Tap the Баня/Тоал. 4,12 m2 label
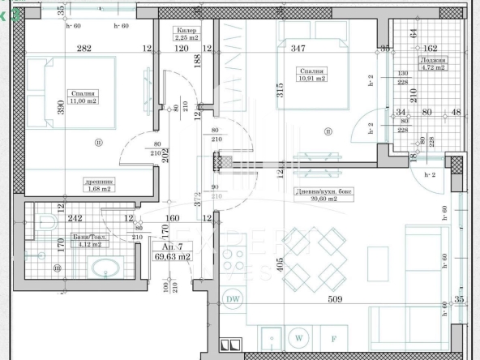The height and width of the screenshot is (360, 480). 85,240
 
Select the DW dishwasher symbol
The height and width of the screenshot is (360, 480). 234,300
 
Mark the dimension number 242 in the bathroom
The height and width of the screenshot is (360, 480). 75,218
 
